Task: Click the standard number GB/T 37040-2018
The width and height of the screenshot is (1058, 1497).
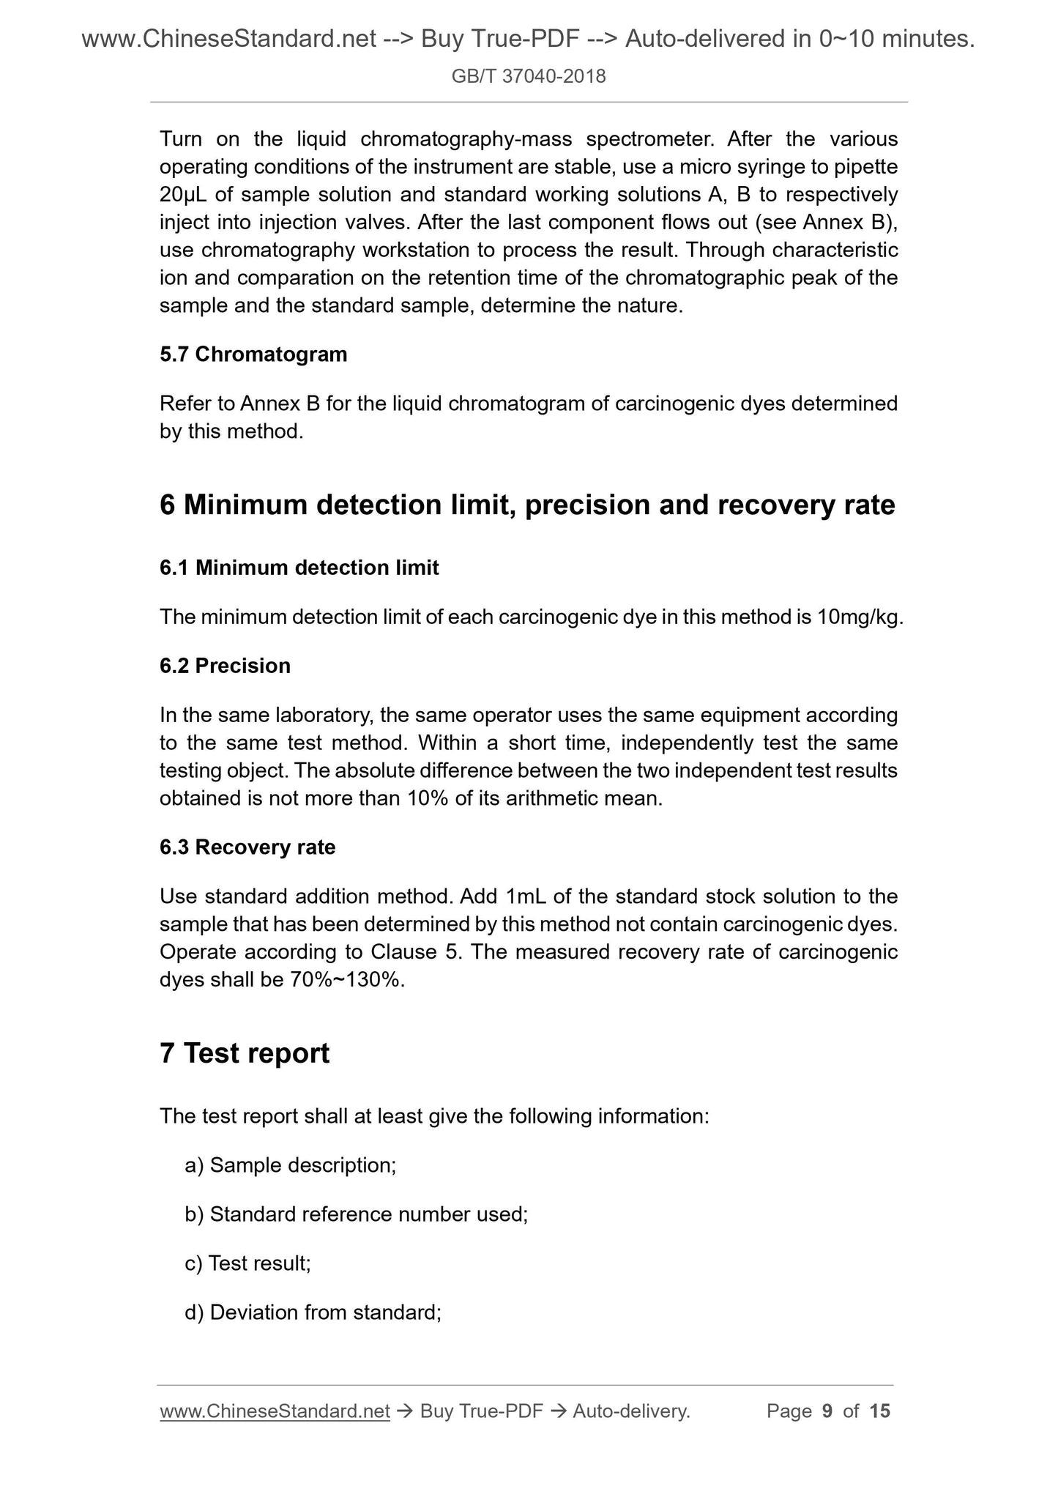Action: click(x=529, y=76)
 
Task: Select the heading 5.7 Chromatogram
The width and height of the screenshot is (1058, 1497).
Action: click(x=253, y=354)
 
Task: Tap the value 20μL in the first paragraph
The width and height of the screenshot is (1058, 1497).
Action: click(x=183, y=195)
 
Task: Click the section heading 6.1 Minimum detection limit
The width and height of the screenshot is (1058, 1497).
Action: click(x=299, y=568)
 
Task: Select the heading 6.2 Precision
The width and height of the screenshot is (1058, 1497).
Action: click(x=225, y=666)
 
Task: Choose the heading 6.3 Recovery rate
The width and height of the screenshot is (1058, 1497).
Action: click(x=247, y=847)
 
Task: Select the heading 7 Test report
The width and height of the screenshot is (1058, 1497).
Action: click(x=245, y=1053)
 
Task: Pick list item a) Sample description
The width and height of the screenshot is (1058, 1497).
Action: click(x=291, y=1165)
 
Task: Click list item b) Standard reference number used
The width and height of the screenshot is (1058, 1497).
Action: click(x=357, y=1214)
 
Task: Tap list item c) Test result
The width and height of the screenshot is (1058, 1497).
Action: click(x=248, y=1263)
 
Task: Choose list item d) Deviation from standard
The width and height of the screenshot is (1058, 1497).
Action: click(x=313, y=1312)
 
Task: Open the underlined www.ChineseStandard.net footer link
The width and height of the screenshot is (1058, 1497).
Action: click(x=275, y=1411)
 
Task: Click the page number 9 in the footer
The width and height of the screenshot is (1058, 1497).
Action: click(x=827, y=1411)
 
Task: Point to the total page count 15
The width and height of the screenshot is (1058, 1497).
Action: click(x=879, y=1411)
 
